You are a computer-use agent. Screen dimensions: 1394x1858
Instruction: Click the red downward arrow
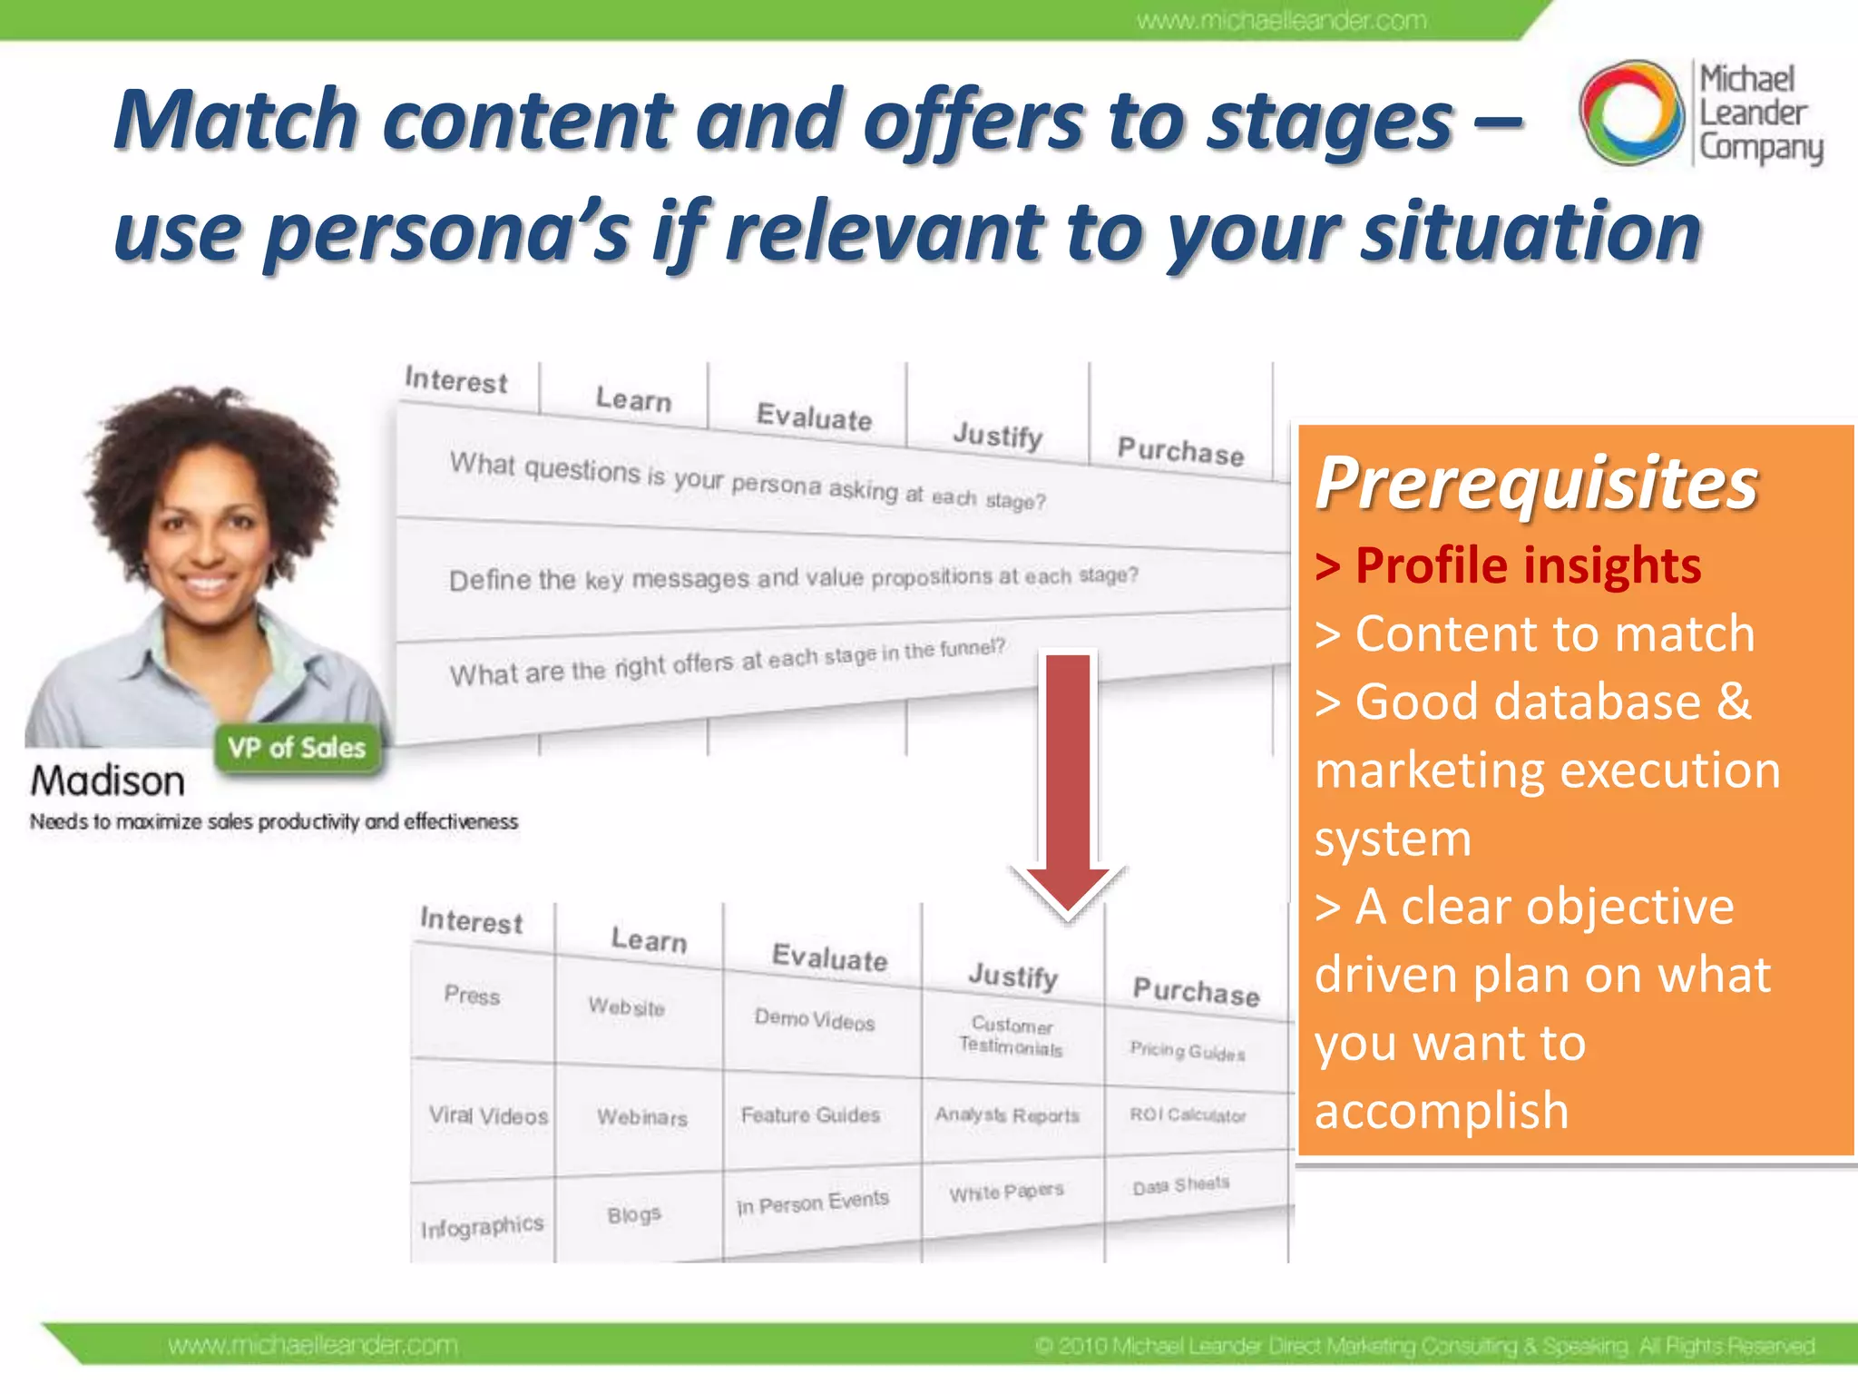1069,780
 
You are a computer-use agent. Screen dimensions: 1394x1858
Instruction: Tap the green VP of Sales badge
297,748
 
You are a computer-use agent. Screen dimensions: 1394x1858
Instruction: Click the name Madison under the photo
107,780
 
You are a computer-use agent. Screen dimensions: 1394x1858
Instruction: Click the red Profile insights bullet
1508,565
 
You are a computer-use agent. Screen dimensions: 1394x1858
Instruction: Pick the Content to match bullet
1535,633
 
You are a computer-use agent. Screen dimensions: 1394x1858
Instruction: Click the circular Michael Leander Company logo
1631,113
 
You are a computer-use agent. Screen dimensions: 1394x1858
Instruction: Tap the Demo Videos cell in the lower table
815,1020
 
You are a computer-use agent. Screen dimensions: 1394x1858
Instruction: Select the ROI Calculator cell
1188,1114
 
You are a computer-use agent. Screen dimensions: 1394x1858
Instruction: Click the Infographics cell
482,1227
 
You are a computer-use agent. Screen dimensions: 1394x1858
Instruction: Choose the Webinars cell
641,1117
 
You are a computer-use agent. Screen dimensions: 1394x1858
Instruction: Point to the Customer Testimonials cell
1011,1036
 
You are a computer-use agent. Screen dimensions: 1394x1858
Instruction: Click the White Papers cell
1006,1192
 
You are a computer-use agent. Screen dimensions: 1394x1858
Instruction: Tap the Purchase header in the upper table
1180,450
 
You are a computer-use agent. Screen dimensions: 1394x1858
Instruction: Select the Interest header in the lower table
471,920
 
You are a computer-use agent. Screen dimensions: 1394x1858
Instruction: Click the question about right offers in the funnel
727,663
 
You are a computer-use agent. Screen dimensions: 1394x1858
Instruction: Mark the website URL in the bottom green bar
313,1345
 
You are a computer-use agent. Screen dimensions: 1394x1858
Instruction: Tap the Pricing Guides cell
1187,1051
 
